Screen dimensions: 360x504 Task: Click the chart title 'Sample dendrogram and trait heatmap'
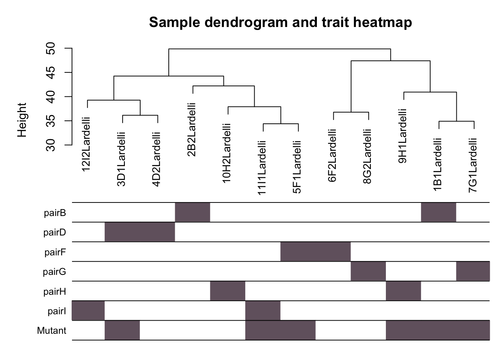tap(280, 22)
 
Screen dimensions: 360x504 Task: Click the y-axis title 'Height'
tap(22, 120)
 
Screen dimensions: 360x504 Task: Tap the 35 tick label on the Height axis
tap(51, 121)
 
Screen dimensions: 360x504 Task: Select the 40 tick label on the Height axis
tap(51, 97)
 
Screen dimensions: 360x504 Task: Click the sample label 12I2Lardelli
tap(87, 144)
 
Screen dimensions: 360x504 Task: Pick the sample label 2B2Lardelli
tap(192, 130)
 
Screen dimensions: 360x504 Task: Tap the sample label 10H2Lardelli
tap(227, 153)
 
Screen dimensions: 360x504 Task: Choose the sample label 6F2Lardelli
tap(333, 156)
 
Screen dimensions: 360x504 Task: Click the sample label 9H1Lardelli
tap(403, 136)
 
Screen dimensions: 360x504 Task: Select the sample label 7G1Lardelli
tap(473, 165)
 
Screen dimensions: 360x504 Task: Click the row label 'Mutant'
tap(51, 331)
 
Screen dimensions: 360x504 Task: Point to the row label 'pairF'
tap(55, 252)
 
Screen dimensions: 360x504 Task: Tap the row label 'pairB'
tap(55, 213)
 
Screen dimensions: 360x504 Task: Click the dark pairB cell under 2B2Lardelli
tap(192, 212)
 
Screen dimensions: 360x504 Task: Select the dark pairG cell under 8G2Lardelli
tap(368, 271)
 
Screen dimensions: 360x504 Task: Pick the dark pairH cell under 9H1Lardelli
tap(403, 291)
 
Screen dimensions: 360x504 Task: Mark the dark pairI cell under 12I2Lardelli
tap(88, 310)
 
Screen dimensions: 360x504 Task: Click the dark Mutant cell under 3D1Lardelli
tap(122, 330)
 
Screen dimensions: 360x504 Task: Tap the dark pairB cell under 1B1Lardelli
tap(439, 212)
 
